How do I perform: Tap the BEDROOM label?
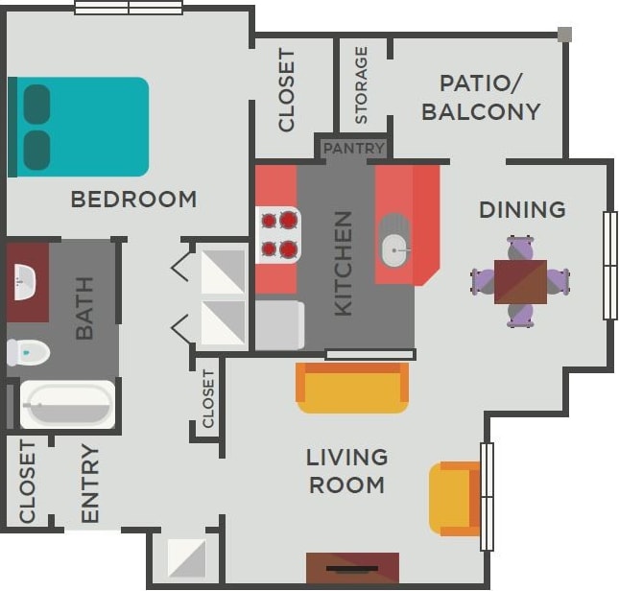(133, 200)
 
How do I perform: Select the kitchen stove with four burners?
(277, 235)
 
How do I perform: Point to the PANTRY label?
(353, 149)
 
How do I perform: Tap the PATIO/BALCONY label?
(481, 97)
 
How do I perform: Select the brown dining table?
(520, 282)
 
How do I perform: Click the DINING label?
(522, 209)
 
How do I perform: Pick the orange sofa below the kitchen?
(352, 388)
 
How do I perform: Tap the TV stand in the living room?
(352, 567)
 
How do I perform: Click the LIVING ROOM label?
(346, 470)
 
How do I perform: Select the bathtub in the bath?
(67, 405)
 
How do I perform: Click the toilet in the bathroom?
(27, 352)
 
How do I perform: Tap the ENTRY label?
(90, 484)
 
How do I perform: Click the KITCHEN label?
(343, 263)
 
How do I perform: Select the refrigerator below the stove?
(279, 325)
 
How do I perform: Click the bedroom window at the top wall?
(129, 8)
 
